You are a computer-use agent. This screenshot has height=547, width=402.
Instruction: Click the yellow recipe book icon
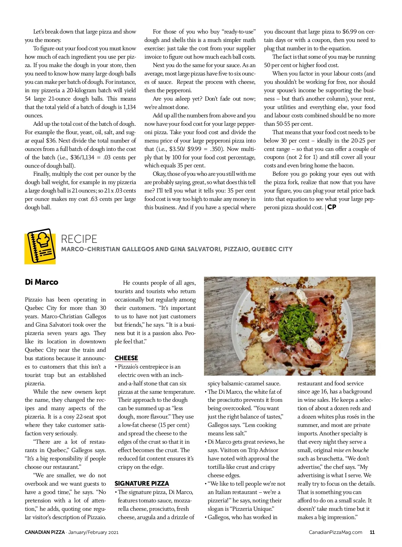(x=40, y=246)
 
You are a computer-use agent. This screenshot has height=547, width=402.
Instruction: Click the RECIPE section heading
(x=79, y=239)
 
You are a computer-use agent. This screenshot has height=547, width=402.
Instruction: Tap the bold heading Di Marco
(x=42, y=282)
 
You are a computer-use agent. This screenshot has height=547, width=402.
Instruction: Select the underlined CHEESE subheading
(x=126, y=358)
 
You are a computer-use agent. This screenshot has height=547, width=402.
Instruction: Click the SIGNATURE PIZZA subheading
(x=142, y=483)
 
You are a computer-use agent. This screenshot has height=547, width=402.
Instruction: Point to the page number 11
(x=372, y=532)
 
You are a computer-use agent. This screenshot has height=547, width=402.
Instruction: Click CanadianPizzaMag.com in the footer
(x=335, y=532)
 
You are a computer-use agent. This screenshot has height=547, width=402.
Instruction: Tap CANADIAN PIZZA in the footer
(x=45, y=532)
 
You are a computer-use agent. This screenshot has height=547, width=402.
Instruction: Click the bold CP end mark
(x=332, y=207)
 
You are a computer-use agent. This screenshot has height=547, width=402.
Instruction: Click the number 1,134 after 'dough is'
(x=130, y=107)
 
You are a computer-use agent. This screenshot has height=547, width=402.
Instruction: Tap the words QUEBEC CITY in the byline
(x=272, y=249)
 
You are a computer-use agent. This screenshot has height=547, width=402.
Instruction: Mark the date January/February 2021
(x=93, y=532)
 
